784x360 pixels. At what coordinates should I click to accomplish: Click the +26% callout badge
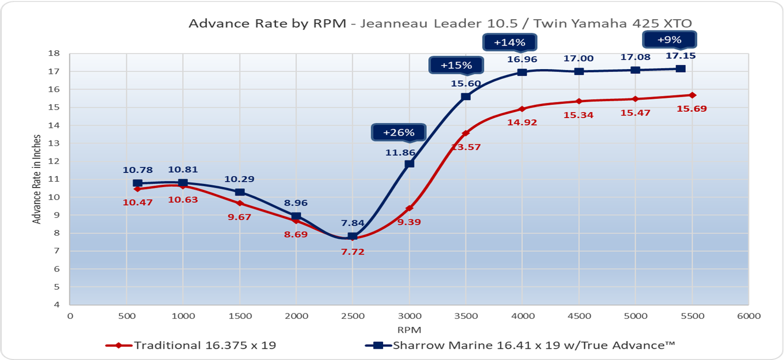tap(398, 132)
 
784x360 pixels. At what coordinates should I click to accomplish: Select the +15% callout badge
tap(456, 65)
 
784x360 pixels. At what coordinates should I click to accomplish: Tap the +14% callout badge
tap(510, 43)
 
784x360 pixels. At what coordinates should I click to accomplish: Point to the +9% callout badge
tap(669, 40)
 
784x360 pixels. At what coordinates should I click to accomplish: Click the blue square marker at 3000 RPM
tap(410, 164)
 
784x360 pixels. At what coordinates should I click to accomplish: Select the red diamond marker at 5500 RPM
tap(692, 95)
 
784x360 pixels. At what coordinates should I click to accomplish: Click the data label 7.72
tap(353, 252)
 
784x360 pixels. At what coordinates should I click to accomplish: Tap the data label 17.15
tap(681, 56)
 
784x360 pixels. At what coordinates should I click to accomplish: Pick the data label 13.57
tap(465, 147)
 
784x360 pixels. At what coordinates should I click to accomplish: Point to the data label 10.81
tap(183, 169)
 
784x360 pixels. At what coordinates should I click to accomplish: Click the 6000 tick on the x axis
tap(749, 316)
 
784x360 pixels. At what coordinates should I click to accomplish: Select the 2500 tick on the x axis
tap(353, 316)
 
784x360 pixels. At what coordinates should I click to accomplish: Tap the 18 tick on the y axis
tap(54, 53)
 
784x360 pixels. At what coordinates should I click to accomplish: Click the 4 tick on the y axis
tap(57, 304)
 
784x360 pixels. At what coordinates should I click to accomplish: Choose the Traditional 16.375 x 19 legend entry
tap(191, 345)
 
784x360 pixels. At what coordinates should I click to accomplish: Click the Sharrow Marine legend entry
tap(519, 345)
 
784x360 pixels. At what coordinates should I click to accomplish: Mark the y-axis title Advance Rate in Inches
tap(37, 179)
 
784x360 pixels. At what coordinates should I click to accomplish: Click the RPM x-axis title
tap(409, 330)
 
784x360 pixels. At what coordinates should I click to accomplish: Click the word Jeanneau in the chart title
tap(394, 24)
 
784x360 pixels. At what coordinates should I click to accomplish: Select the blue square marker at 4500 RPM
tap(579, 71)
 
